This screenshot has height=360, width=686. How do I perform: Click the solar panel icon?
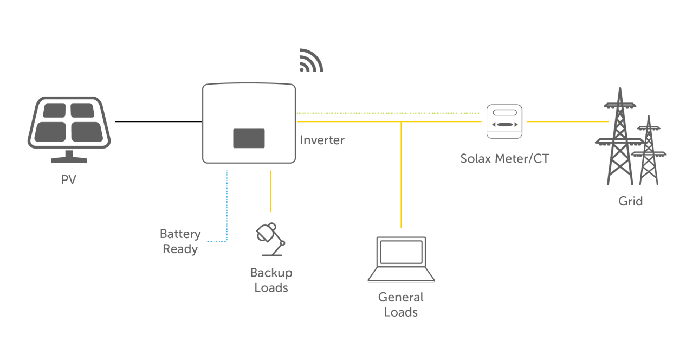coord(69,129)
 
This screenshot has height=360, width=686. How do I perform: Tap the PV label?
coord(69,180)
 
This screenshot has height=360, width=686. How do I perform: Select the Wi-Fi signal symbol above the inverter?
coord(310,61)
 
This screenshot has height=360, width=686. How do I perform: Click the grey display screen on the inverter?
coord(249,138)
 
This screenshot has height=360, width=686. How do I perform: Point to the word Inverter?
coord(322,140)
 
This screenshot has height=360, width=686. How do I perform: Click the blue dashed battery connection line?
coord(226,206)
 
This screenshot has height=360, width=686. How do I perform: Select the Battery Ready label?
coord(180,242)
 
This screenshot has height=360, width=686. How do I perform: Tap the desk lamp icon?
coord(270,239)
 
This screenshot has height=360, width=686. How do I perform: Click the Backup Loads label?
coord(271,280)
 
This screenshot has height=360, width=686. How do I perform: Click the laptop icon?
coord(401,260)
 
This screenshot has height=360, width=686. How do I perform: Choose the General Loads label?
coord(401,305)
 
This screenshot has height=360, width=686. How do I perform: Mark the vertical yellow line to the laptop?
coord(401,173)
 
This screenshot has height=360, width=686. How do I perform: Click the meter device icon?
coord(504,121)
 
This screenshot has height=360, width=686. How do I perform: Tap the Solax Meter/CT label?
coord(504,159)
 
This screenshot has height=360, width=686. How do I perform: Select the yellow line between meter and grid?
coord(564,121)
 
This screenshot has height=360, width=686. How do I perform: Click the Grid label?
coord(631,201)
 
